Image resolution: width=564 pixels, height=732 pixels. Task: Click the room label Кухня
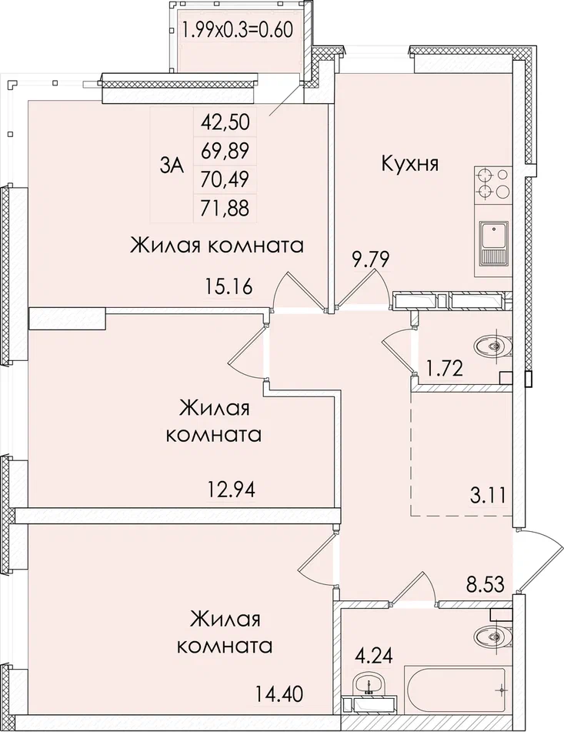tap(409, 163)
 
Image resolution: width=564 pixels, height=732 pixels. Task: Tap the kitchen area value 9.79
tap(371, 259)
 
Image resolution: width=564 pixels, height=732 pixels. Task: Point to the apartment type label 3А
tap(172, 165)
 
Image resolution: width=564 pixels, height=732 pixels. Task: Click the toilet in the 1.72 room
tap(489, 346)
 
